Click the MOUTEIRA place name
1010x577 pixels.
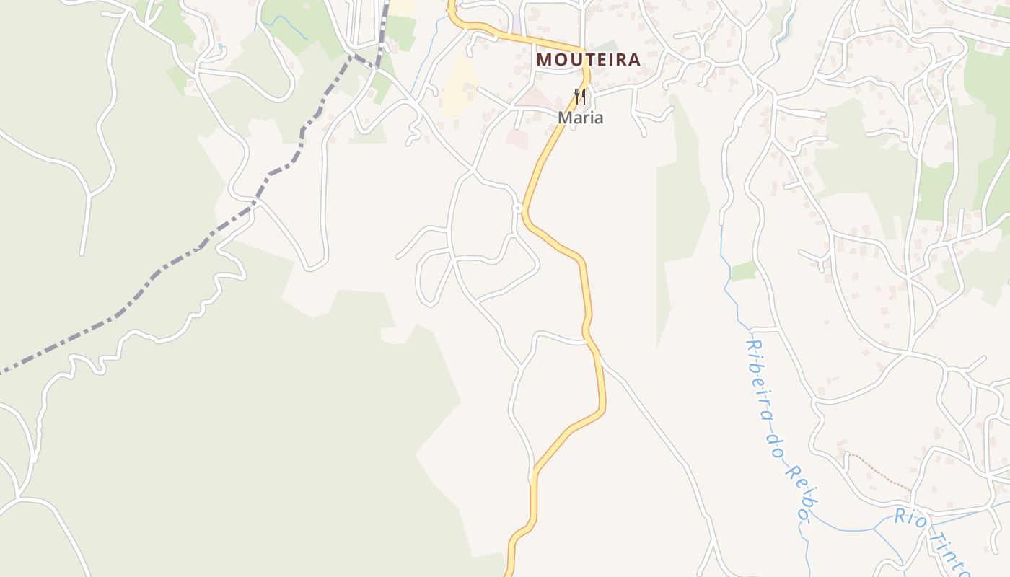pyautogui.click(x=589, y=59)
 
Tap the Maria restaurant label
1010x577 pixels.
pyautogui.click(x=580, y=118)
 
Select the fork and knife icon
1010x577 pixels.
pyautogui.click(x=579, y=96)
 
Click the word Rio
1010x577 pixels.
pyautogui.click(x=909, y=517)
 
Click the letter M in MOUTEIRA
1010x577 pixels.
pyautogui.click(x=545, y=59)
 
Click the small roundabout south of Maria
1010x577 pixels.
pyautogui.click(x=517, y=208)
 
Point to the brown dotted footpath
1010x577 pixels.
pyautogui.click(x=880, y=472)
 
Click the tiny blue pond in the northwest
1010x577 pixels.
pyautogui.click(x=220, y=48)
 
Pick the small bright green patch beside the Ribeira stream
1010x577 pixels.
pyautogui.click(x=744, y=271)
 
